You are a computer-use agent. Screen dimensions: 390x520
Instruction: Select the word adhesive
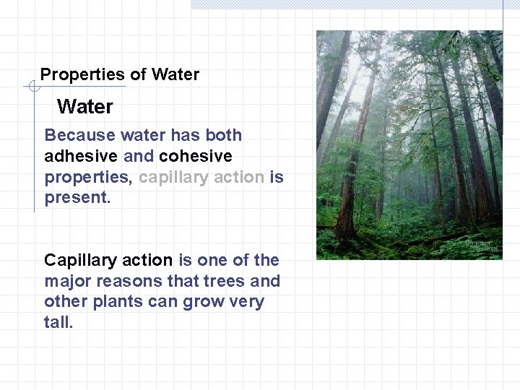pyautogui.click(x=81, y=156)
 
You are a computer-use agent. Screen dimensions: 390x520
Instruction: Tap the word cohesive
pyautogui.click(x=196, y=156)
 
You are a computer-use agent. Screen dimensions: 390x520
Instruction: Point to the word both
pyautogui.click(x=224, y=135)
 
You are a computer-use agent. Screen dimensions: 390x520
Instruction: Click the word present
pyautogui.click(x=77, y=198)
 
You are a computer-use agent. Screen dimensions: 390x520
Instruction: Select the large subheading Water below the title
pyautogui.click(x=85, y=107)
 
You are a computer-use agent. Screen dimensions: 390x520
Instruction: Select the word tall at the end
pyautogui.click(x=58, y=322)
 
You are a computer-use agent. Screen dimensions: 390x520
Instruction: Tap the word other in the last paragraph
pyautogui.click(x=65, y=302)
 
